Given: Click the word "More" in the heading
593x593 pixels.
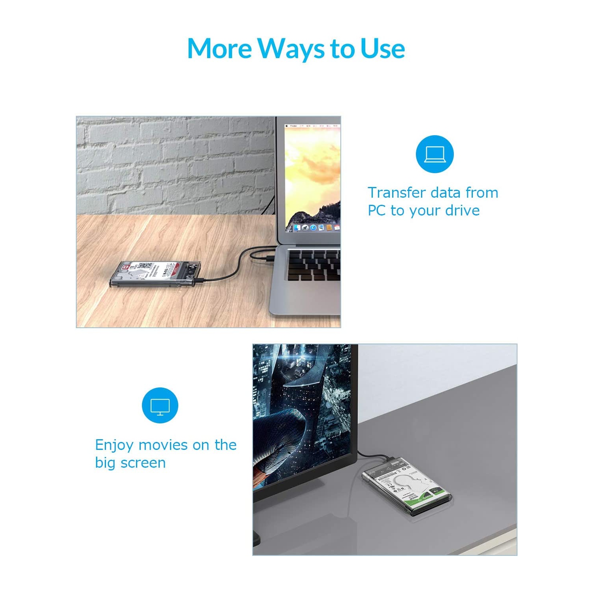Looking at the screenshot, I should [x=219, y=48].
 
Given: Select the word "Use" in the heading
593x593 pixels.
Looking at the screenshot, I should [x=382, y=48].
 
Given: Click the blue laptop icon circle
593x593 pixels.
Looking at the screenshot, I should [x=434, y=154].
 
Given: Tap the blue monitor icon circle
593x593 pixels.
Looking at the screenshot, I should [x=160, y=405].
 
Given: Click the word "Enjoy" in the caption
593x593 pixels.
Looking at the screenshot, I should [x=114, y=445].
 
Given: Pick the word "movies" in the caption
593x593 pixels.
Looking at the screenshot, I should [x=162, y=445].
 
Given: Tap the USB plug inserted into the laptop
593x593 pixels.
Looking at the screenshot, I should [x=268, y=259].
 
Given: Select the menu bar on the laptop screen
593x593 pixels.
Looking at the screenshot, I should [x=312, y=126].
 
